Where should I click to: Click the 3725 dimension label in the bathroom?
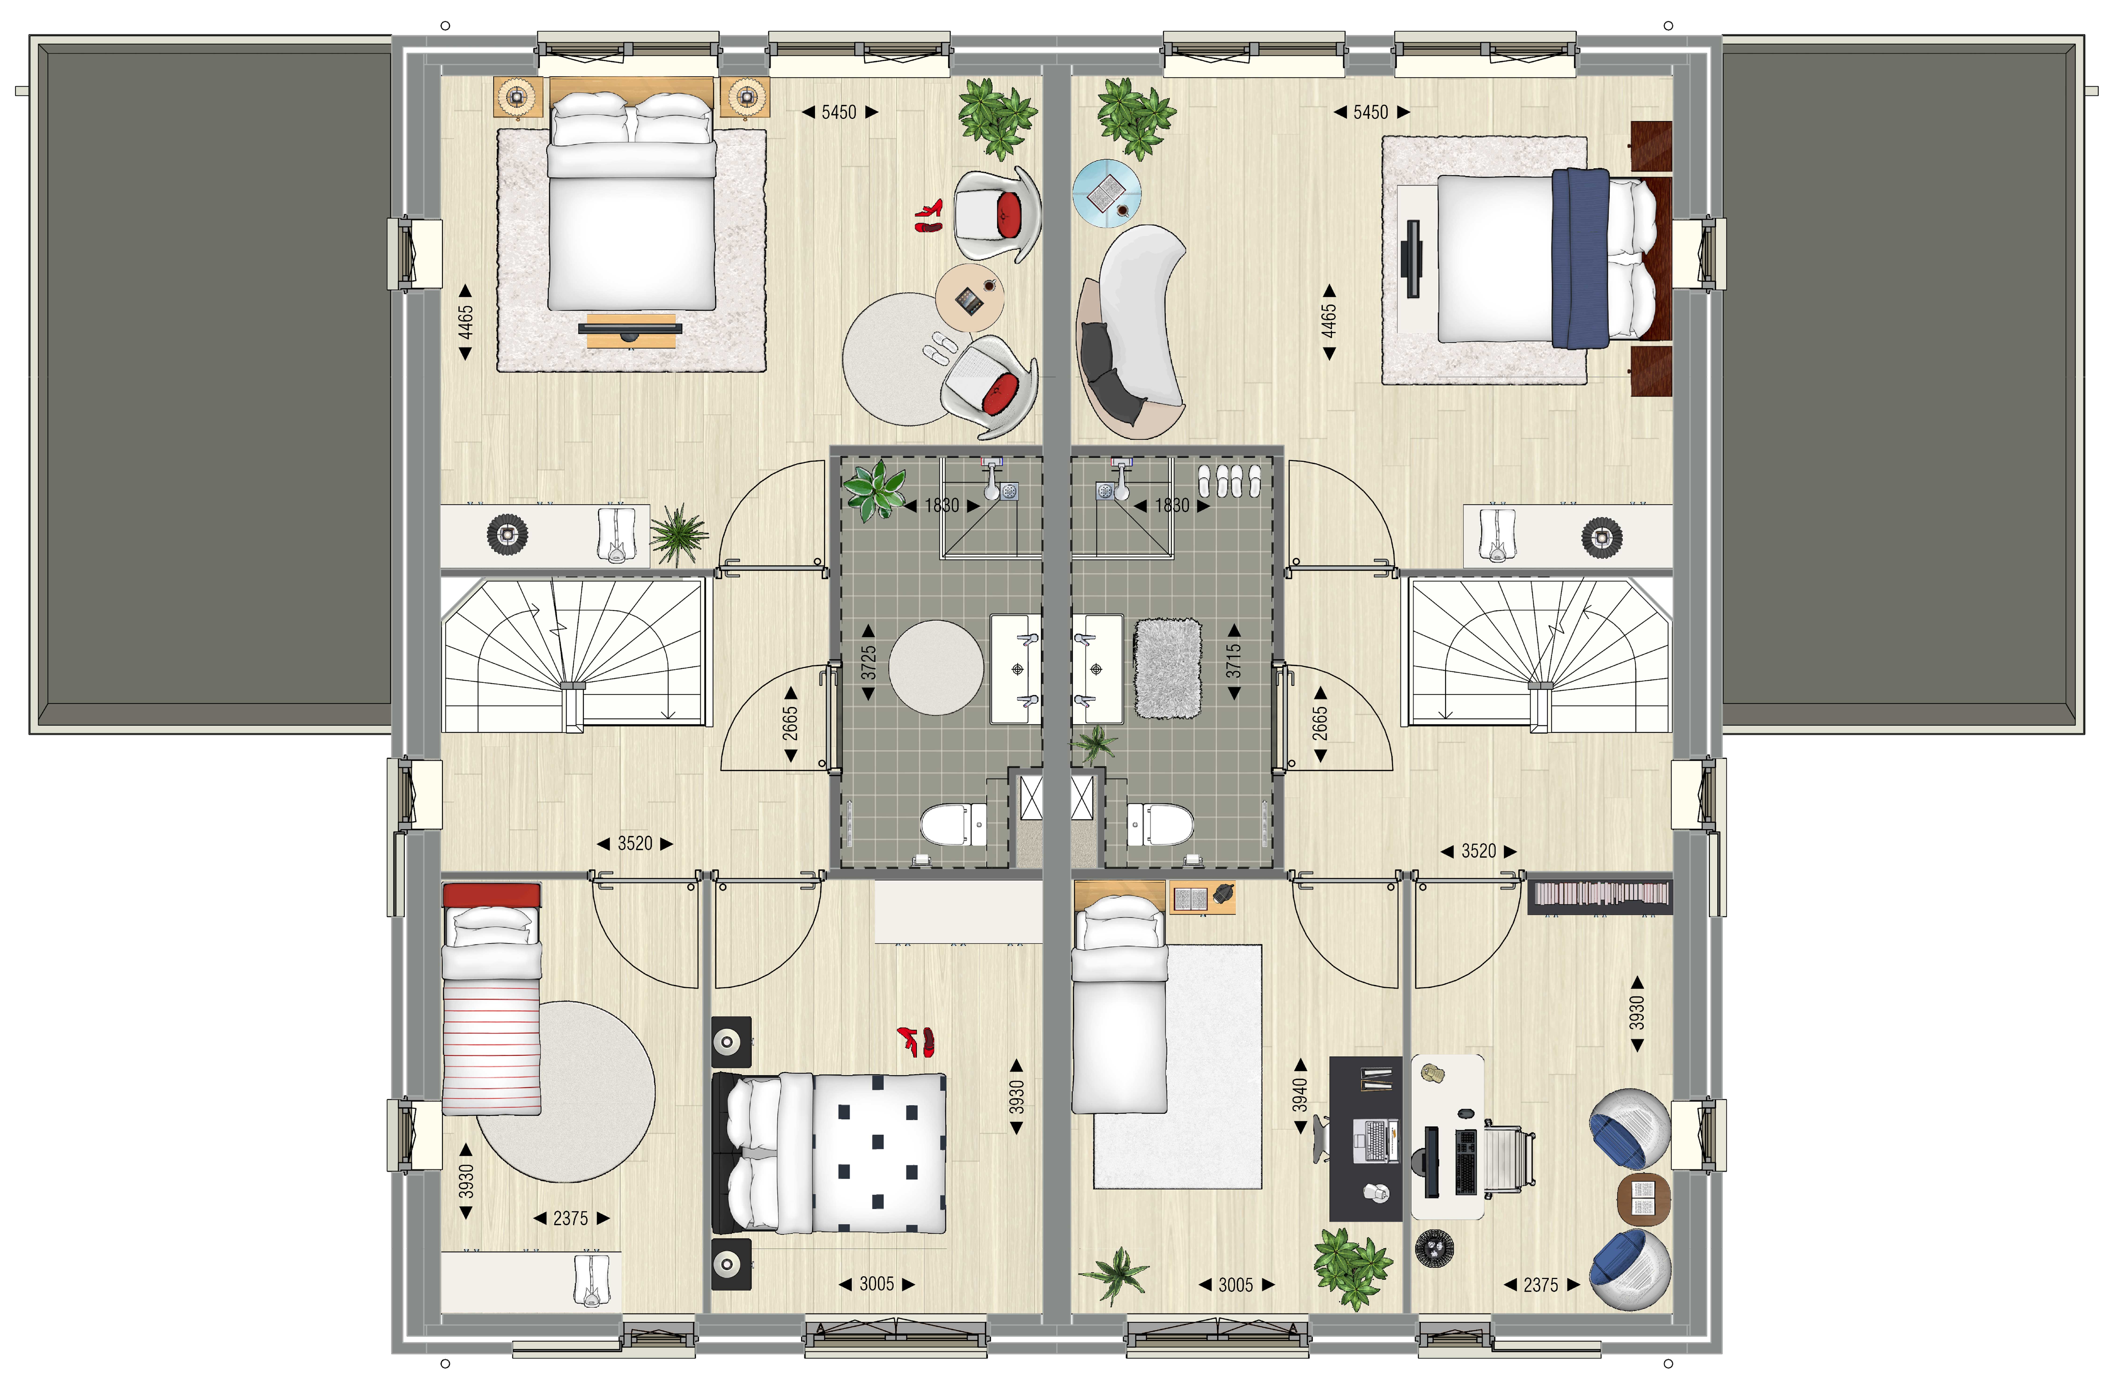869,662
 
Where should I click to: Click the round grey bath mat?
936,667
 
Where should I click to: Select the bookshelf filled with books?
1599,896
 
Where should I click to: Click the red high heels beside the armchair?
929,215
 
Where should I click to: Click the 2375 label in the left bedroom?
571,1218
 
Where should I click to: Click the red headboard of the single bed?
492,895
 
